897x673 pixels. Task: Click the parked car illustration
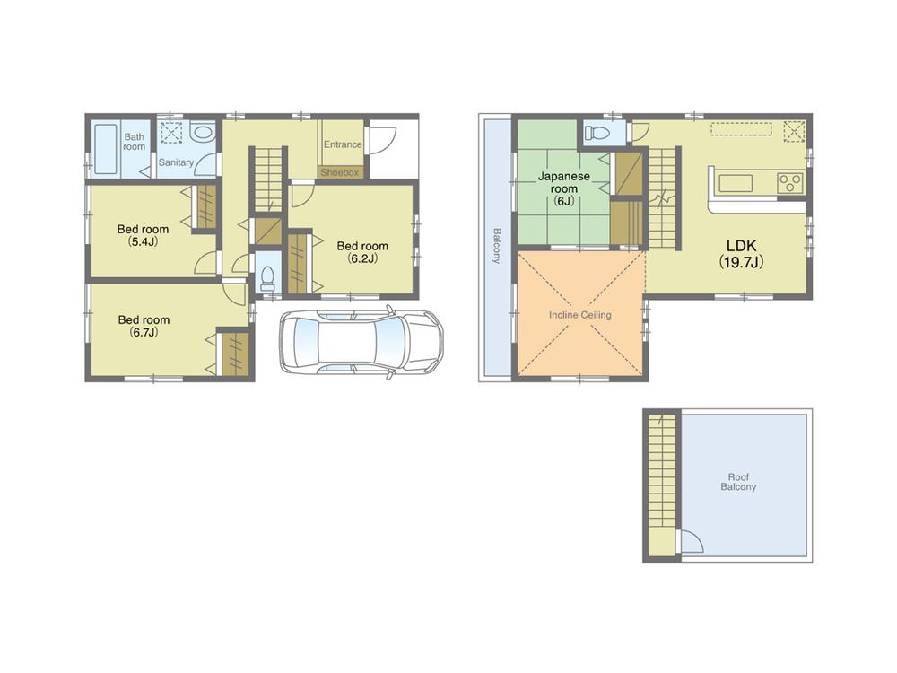[x=361, y=341]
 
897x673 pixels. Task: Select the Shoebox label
[x=340, y=171]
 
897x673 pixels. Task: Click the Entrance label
[x=342, y=144]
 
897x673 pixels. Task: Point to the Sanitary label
[x=176, y=162]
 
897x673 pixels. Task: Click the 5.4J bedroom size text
[x=143, y=241]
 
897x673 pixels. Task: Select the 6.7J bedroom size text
[x=143, y=332]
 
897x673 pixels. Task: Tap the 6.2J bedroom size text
[x=362, y=258]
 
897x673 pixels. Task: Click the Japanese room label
[x=563, y=183]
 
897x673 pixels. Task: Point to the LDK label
[x=740, y=244]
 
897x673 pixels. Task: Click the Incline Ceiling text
[x=580, y=315]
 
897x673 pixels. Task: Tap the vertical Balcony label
[x=496, y=245]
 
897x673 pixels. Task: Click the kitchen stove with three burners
[x=789, y=182]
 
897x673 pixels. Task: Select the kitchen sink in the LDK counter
[x=736, y=183]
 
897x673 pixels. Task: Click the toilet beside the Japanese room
[x=596, y=134]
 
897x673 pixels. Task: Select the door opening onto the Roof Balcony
[x=690, y=541]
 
